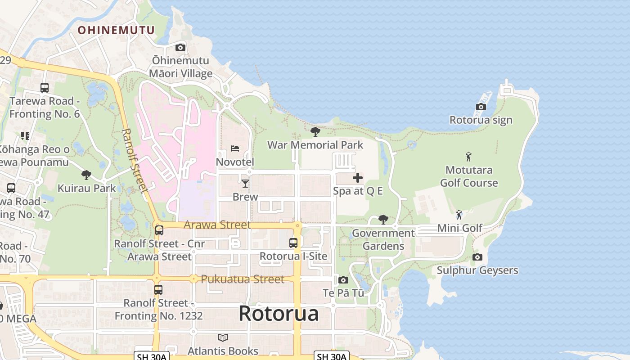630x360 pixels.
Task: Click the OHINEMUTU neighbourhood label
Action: point(116,30)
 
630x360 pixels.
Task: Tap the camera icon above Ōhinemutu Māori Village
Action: point(180,47)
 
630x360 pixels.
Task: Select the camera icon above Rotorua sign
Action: point(481,107)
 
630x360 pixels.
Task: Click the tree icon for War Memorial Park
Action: point(315,131)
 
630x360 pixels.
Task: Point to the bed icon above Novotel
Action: point(235,148)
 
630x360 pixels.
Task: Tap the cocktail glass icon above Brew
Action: point(245,183)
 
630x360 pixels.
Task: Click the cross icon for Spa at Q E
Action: point(358,178)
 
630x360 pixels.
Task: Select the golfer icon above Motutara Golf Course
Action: point(468,157)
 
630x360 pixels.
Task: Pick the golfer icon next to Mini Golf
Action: point(459,215)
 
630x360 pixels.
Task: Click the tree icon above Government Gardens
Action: point(383,219)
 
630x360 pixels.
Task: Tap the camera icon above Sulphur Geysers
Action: point(477,257)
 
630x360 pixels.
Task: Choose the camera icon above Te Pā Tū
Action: point(343,280)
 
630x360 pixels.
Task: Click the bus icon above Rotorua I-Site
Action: point(293,243)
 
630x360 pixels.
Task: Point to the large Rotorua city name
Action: point(279,313)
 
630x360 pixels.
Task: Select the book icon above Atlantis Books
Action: point(223,337)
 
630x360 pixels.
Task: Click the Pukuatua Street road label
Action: point(243,279)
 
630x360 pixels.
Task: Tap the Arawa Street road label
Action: point(217,225)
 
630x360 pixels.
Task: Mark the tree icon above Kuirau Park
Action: point(86,175)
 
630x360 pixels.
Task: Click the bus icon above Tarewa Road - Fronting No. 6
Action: point(44,88)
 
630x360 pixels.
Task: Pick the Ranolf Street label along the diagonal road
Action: point(135,161)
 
